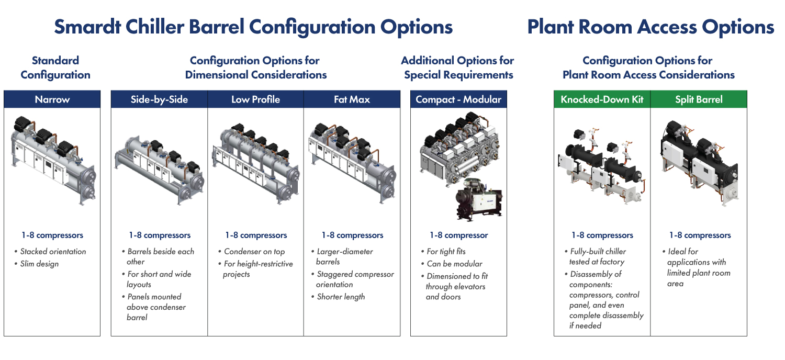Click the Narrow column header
coord(52,99)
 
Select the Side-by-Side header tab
coord(159,99)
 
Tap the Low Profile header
coord(255,99)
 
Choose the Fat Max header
coord(352,99)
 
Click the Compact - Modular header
coord(458,99)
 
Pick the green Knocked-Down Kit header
coord(602,99)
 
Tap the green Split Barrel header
coord(699,99)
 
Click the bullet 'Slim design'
coord(39,264)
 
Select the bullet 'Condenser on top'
coord(254,252)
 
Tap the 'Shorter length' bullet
coord(341,297)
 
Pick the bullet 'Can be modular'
coord(454,264)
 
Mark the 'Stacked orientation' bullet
coord(53,252)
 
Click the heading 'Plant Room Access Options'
coord(651,27)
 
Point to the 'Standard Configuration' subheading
coord(55,68)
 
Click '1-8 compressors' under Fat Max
coord(352,235)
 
